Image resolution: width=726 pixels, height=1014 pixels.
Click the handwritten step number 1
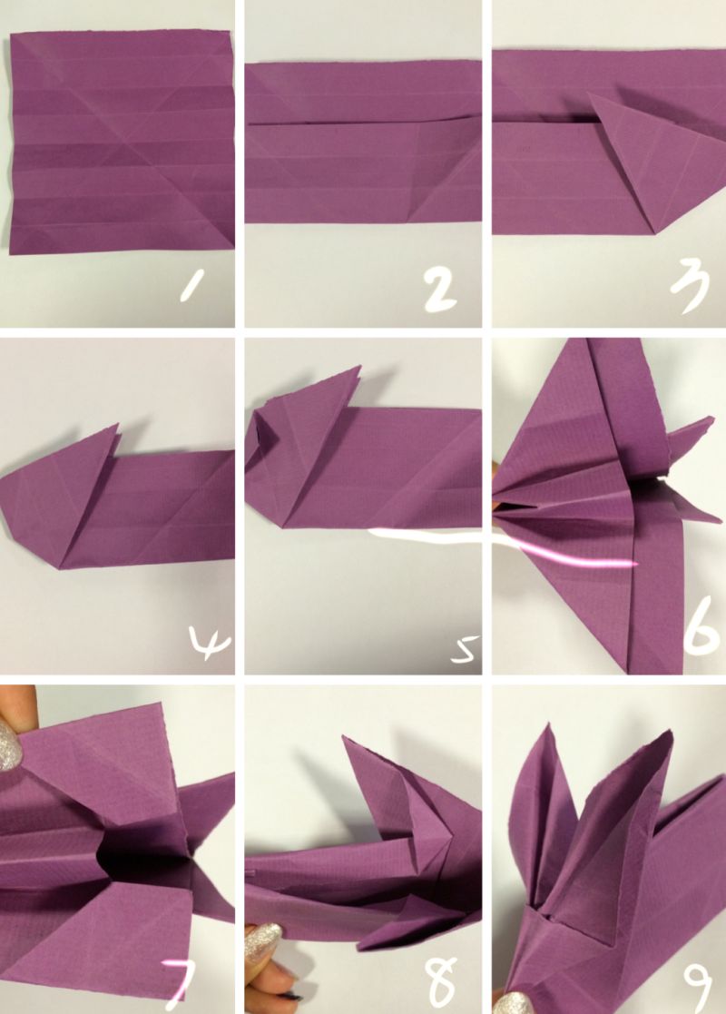192,286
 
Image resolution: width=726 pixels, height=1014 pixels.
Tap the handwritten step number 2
439,291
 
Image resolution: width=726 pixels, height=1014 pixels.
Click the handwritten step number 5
466,650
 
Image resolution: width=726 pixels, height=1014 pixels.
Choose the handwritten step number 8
442,982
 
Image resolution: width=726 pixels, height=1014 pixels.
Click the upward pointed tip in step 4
118,424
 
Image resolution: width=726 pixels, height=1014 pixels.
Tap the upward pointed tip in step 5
359,367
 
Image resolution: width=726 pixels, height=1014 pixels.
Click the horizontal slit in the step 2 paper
361,121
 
